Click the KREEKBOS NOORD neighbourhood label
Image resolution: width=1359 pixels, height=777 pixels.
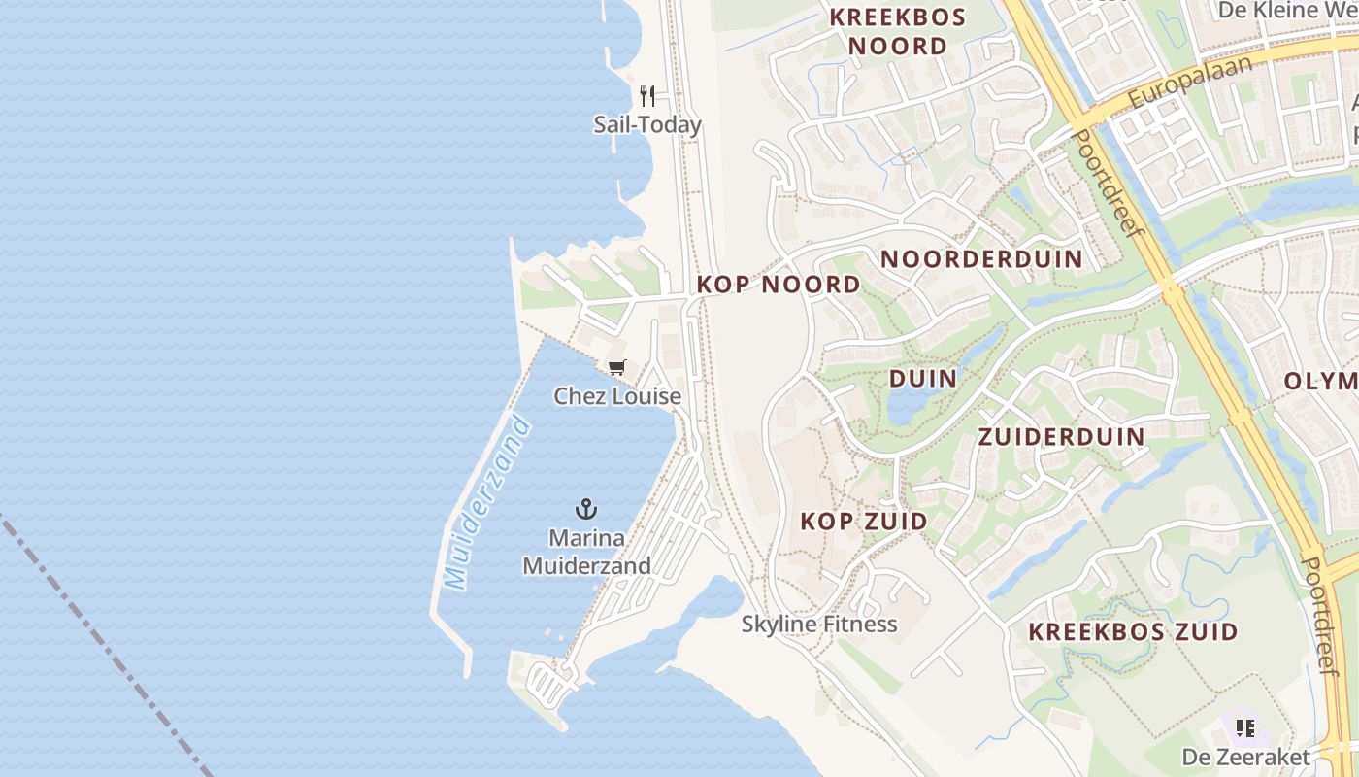coord(897,32)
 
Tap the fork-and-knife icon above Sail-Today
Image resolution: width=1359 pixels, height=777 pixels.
coord(648,95)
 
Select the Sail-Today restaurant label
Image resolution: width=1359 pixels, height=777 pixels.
coord(647,125)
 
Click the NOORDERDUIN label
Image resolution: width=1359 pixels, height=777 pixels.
coord(981,258)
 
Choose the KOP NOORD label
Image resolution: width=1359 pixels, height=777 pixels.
coord(779,284)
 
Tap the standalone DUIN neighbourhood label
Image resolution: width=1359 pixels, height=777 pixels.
coord(922,378)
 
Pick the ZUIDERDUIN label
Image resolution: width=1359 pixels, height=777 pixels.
coord(1062,436)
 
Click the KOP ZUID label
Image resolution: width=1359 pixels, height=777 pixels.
coord(863,522)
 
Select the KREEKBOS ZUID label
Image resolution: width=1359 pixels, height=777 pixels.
coord(1133,631)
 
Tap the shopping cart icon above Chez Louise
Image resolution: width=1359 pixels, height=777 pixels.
coord(616,367)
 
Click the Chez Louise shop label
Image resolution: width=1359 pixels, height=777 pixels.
coord(617,396)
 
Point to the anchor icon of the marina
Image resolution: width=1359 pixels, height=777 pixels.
coord(586,508)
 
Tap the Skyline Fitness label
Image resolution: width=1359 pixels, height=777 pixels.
coord(819,624)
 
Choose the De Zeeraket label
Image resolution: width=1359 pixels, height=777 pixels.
coord(1245,756)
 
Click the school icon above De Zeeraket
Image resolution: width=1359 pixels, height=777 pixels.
coord(1245,727)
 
